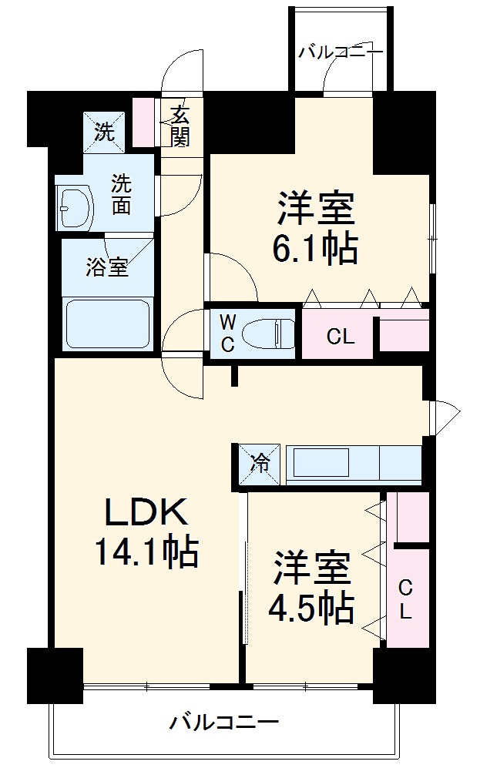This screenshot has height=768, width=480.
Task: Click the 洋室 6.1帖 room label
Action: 317,227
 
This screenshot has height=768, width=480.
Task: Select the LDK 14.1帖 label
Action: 146,532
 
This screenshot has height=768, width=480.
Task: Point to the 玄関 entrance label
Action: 180,126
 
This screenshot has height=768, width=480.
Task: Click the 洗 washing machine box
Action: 102,131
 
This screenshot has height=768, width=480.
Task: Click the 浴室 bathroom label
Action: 107,268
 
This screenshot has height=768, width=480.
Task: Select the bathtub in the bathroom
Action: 109,323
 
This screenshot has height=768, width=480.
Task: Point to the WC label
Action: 228,333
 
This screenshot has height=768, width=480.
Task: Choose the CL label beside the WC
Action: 340,337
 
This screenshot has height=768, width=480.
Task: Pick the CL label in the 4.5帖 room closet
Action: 405,600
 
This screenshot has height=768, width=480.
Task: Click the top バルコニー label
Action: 340,52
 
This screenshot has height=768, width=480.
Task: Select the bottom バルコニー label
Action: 224,723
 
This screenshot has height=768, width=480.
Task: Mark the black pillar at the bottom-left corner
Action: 55,676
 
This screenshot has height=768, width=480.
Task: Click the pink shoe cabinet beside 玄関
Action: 143,121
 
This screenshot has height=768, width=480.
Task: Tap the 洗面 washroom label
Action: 122,195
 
